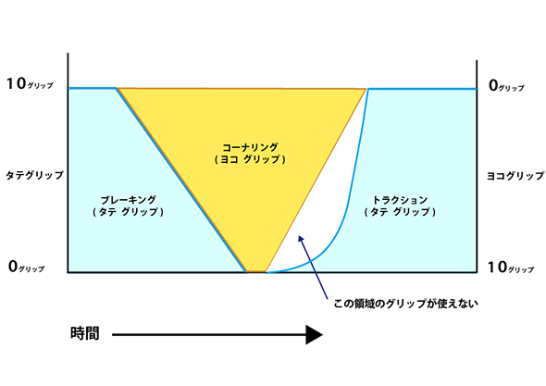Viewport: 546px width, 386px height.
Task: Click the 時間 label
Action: pyautogui.click(x=85, y=333)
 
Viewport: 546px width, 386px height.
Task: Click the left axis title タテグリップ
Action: pyautogui.click(x=34, y=175)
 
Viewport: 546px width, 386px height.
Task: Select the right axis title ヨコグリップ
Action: pyautogui.click(x=515, y=176)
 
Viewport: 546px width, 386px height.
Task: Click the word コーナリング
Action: pyautogui.click(x=251, y=147)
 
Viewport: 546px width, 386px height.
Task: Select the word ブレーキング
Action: pyautogui.click(x=128, y=200)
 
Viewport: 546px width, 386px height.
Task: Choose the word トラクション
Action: pyautogui.click(x=400, y=200)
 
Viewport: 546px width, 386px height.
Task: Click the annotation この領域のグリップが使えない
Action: pyautogui.click(x=405, y=304)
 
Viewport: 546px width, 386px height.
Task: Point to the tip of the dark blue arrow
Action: pyautogui.click(x=299, y=236)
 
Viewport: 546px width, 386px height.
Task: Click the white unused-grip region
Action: pyautogui.click(x=324, y=209)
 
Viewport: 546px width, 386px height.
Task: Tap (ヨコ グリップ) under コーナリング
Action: pyautogui.click(x=250, y=159)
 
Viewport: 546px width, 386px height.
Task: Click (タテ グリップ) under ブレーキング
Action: pyautogui.click(x=128, y=212)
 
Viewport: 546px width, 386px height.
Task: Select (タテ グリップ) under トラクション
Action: pyautogui.click(x=400, y=212)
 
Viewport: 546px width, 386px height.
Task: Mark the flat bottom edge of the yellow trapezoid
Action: pyautogui.click(x=256, y=271)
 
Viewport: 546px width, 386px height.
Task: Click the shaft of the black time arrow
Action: pyautogui.click(x=209, y=335)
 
